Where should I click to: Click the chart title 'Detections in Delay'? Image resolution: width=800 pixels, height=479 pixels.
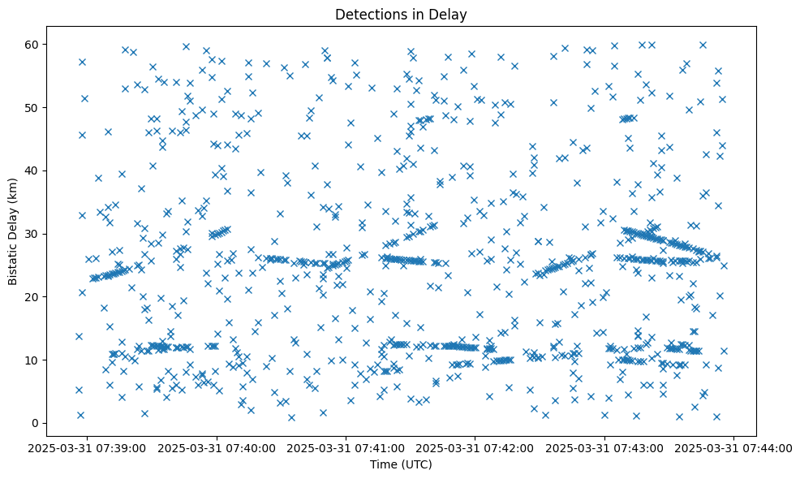[x=400, y=14]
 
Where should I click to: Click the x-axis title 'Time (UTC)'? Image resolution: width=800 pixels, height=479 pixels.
[x=400, y=464]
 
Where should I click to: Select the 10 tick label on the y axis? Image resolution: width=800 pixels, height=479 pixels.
[x=33, y=360]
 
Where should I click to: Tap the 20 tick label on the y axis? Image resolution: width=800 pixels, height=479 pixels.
[x=33, y=296]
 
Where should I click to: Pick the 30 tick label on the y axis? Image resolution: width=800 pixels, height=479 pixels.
[x=33, y=234]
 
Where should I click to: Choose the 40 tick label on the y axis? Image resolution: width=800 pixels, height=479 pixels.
[x=33, y=170]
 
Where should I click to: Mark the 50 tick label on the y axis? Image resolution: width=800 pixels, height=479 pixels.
[x=33, y=107]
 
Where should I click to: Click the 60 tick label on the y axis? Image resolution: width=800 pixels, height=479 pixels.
[x=33, y=44]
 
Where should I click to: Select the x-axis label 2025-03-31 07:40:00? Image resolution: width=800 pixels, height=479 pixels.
[x=217, y=447]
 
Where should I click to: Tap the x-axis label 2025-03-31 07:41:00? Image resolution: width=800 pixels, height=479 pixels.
[x=346, y=447]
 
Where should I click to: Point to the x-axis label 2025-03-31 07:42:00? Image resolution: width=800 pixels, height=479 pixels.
[x=475, y=447]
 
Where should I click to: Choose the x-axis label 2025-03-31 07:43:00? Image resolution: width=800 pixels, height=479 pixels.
[x=604, y=447]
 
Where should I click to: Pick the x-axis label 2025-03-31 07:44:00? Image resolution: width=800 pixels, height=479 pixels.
[x=734, y=447]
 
